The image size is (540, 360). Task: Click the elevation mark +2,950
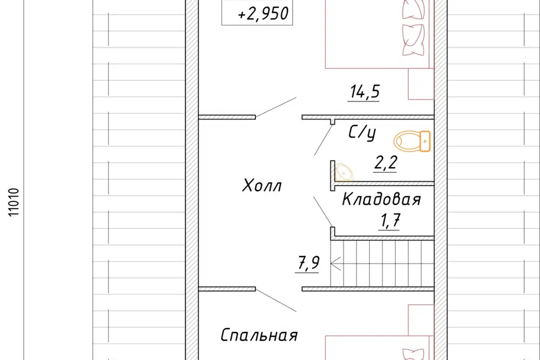coord(263,15)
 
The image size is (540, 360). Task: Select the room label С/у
coord(362,133)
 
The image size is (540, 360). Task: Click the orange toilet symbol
coord(412,141)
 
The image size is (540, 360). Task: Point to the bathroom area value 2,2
coord(386,163)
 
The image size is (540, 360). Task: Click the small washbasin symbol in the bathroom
coord(342,172)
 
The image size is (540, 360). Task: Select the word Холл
coord(262,185)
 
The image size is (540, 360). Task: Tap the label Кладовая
coord(381,199)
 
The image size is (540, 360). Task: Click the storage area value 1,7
coord(390,220)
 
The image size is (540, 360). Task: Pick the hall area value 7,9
coord(306,262)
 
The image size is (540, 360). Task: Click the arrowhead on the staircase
coord(335,262)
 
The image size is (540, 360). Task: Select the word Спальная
coord(259,336)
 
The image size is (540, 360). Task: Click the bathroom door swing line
coord(324,140)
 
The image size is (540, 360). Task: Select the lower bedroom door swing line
coord(276,301)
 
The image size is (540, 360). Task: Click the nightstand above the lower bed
coord(421,319)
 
